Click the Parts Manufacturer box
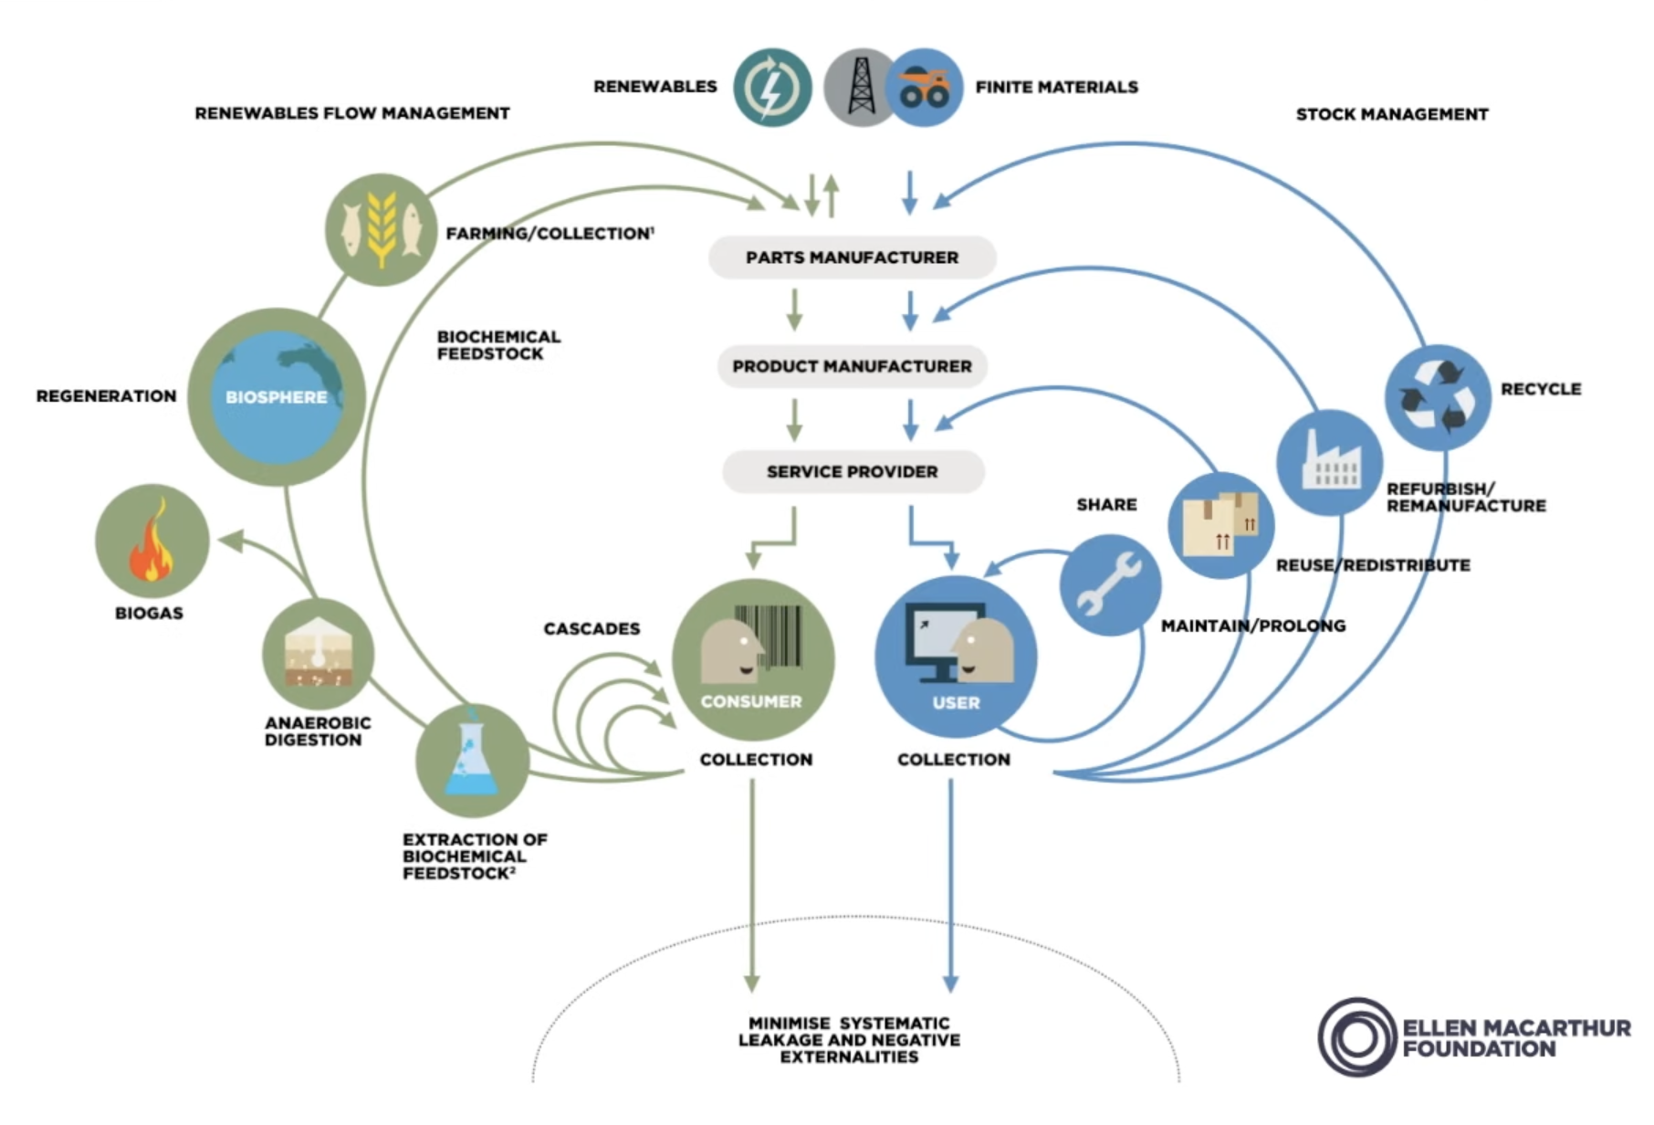point(852,258)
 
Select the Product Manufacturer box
point(852,366)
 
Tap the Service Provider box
point(852,472)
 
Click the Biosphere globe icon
point(277,396)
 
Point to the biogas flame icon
point(152,541)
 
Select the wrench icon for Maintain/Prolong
point(1109,584)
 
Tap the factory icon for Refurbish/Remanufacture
point(1329,462)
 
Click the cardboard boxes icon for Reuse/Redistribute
point(1220,525)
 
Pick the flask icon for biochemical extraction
point(472,760)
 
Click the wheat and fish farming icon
point(381,229)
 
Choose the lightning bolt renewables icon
point(772,88)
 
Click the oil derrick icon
point(859,88)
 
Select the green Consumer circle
point(753,659)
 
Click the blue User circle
point(956,657)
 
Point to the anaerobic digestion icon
point(318,654)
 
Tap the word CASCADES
point(591,629)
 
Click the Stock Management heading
point(1392,114)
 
